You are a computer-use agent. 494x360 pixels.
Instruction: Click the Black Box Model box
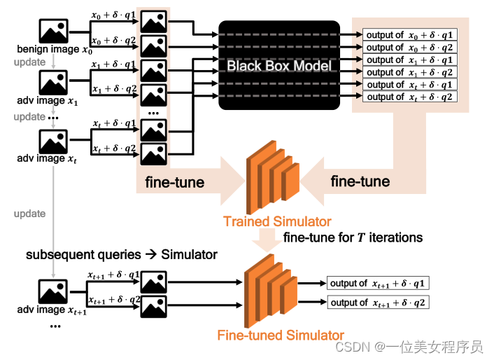pyautogui.click(x=279, y=65)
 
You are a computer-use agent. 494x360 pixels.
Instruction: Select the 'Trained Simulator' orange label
pyautogui.click(x=277, y=222)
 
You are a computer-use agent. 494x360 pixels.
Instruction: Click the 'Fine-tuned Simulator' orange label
pyautogui.click(x=281, y=335)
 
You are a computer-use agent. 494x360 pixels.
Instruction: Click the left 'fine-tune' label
pyautogui.click(x=175, y=183)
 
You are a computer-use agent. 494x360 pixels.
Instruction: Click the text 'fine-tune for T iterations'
pyautogui.click(x=353, y=237)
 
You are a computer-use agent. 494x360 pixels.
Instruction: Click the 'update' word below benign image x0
pyautogui.click(x=29, y=63)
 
